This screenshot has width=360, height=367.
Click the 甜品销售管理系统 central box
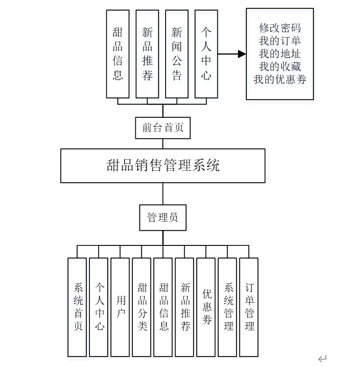tap(163, 166)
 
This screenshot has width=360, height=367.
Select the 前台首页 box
tap(163, 128)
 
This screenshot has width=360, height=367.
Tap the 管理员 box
tap(163, 217)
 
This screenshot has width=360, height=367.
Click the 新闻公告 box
tap(177, 54)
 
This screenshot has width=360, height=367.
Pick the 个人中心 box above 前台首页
tap(206, 54)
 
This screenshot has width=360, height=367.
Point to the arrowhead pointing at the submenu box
tap(242, 54)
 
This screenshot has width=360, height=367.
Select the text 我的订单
tap(280, 40)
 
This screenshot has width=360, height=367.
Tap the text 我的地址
tap(280, 53)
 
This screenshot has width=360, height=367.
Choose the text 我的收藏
tap(280, 66)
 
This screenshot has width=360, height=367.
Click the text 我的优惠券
tap(280, 79)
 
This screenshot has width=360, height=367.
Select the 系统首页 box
tap(77, 307)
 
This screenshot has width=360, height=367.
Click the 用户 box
tap(120, 307)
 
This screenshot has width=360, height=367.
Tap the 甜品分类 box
tap(141, 307)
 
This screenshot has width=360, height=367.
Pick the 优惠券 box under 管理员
tap(206, 307)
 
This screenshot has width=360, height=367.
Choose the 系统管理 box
tap(227, 307)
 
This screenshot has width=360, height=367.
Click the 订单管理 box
tap(249, 307)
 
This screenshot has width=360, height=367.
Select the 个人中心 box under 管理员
tap(99, 307)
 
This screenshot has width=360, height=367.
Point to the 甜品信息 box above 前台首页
tap(118, 54)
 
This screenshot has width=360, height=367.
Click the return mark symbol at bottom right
tap(322, 358)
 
